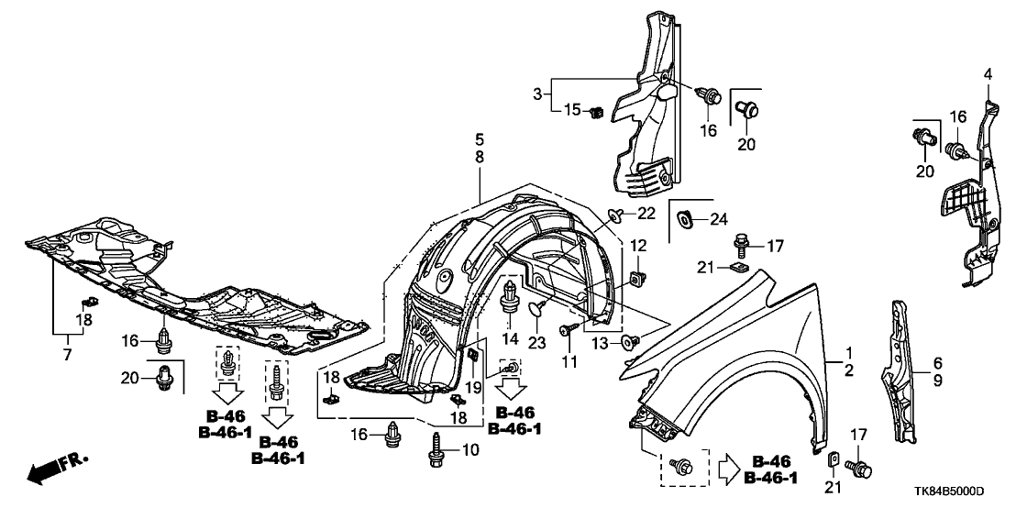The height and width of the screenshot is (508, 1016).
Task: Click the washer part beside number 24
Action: [x=683, y=219]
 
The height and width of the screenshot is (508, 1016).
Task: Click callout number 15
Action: [x=571, y=110]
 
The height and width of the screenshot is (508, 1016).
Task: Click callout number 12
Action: [x=638, y=246]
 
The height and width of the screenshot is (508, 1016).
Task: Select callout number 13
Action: [x=602, y=343]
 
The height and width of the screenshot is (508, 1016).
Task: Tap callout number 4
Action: [x=988, y=73]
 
